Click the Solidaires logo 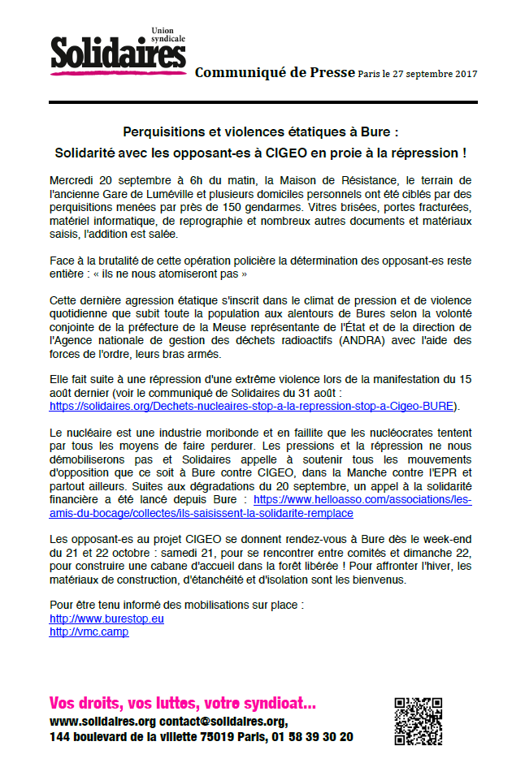click(118, 54)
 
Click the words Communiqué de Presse click(274, 73)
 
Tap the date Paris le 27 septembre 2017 click(417, 74)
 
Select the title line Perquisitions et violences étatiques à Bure click(260, 131)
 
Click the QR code click(419, 721)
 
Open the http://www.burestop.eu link click(106, 619)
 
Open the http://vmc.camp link click(89, 631)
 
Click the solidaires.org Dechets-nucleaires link click(251, 405)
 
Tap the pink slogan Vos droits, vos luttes click(183, 703)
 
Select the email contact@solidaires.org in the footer click(222, 721)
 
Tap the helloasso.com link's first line click(362, 500)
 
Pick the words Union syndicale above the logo click(168, 36)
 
